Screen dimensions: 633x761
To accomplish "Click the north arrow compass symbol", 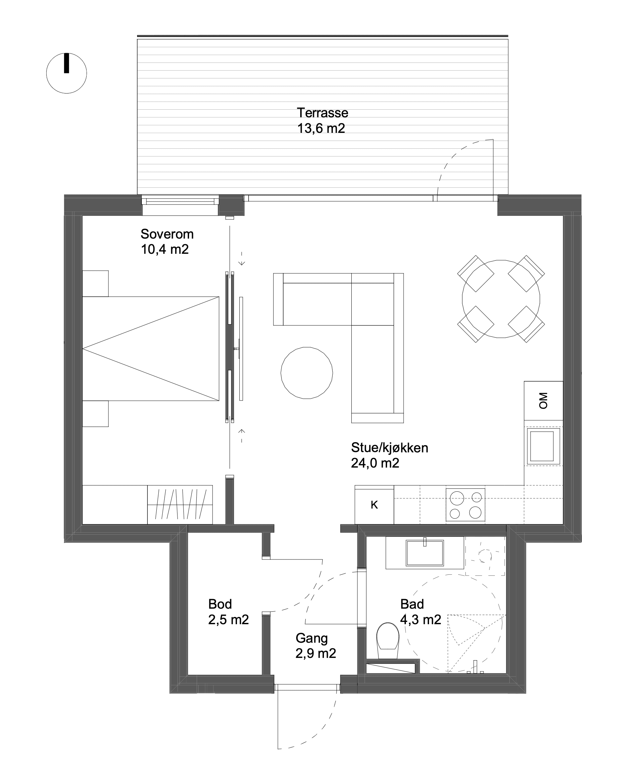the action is click(x=66, y=73).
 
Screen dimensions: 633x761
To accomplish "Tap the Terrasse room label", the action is click(x=322, y=113).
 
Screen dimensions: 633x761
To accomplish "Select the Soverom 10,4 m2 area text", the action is click(x=167, y=242).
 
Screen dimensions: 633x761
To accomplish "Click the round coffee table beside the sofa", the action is click(x=307, y=373).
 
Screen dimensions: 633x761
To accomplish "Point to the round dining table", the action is click(x=501, y=299).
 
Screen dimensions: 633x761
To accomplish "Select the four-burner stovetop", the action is click(x=465, y=505).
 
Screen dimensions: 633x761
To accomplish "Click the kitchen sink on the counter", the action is click(x=542, y=446).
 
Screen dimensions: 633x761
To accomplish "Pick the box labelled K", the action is click(x=374, y=505).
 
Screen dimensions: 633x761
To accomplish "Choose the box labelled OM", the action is click(x=543, y=400).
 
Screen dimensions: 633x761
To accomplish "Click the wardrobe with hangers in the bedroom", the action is click(x=180, y=505).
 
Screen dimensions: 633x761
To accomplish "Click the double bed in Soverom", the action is click(x=151, y=349).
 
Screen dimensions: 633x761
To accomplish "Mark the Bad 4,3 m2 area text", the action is click(x=420, y=612).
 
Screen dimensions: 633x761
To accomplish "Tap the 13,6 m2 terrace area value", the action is click(x=321, y=128).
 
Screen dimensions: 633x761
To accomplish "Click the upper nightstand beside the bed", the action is click(x=95, y=284).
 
